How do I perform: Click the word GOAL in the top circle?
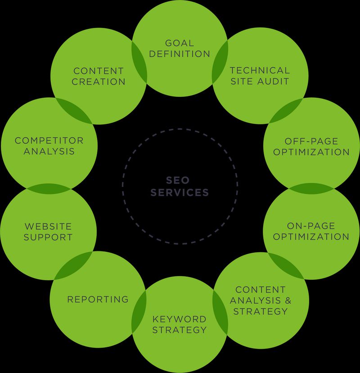coord(180,43)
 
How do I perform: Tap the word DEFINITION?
coord(180,54)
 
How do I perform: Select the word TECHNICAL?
coord(260,70)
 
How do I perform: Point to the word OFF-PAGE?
coord(311,141)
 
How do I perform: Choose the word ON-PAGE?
coord(311,226)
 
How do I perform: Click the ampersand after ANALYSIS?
coord(283,300)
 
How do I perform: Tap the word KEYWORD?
coord(179,319)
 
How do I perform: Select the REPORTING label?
coord(98,299)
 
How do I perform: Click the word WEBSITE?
coord(48,226)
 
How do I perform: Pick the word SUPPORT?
coord(48,237)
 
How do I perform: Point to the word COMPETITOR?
coord(49,141)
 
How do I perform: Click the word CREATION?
coord(99,82)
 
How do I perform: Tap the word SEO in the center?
coord(180,181)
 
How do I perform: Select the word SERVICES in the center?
coord(180,192)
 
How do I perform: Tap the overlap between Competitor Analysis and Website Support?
coord(49,187)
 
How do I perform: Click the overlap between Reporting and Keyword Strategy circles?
coord(139,310)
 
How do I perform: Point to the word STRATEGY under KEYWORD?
coord(179,330)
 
